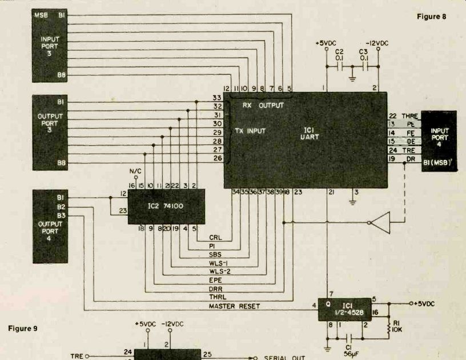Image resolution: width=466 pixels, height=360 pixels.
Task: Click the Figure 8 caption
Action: point(431,16)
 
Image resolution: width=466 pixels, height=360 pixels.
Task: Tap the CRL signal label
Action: point(216,237)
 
